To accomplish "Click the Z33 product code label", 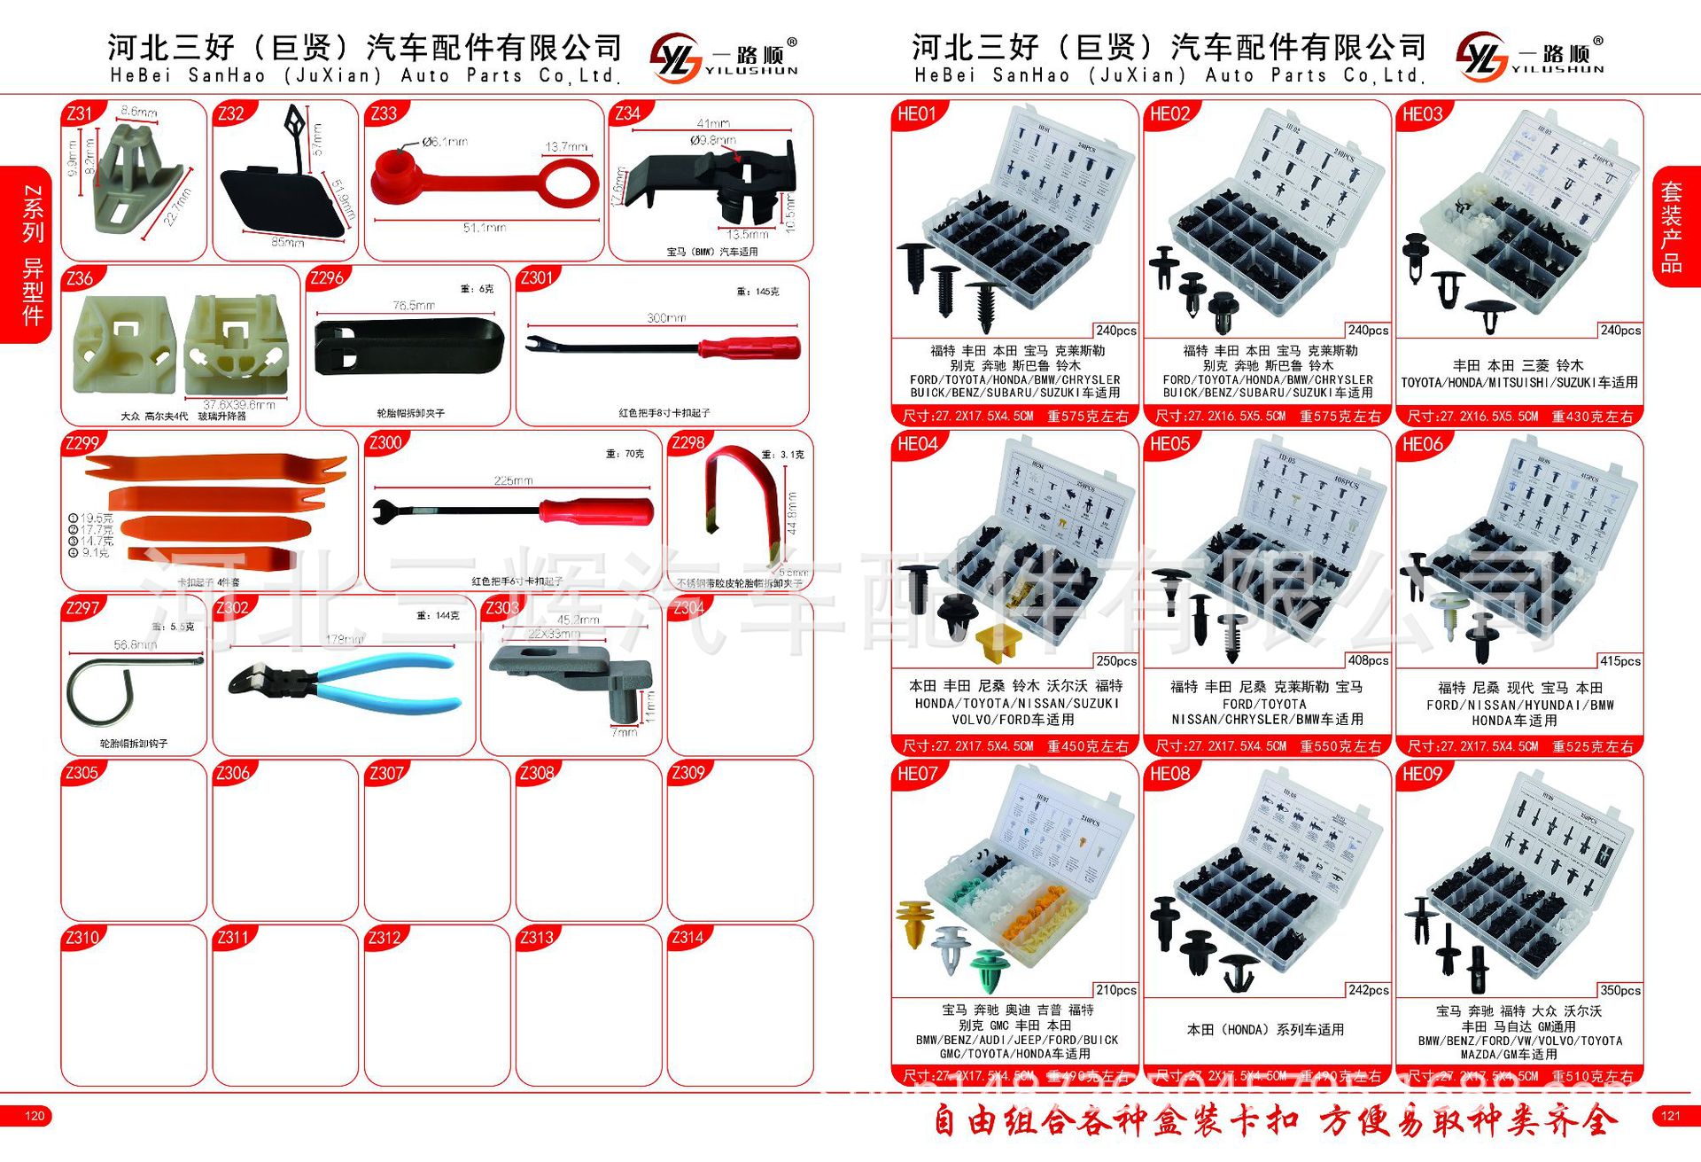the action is (384, 113).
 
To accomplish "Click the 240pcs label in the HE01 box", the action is (1115, 331).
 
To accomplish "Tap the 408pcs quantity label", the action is (1368, 660).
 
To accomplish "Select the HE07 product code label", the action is (917, 774).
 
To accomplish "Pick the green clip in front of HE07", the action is (988, 971).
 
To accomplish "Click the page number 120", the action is (35, 1116).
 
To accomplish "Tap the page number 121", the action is (1671, 1116).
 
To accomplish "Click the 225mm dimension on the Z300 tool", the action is (513, 480).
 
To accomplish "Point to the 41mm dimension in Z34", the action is (712, 123).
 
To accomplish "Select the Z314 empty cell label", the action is (687, 938).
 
